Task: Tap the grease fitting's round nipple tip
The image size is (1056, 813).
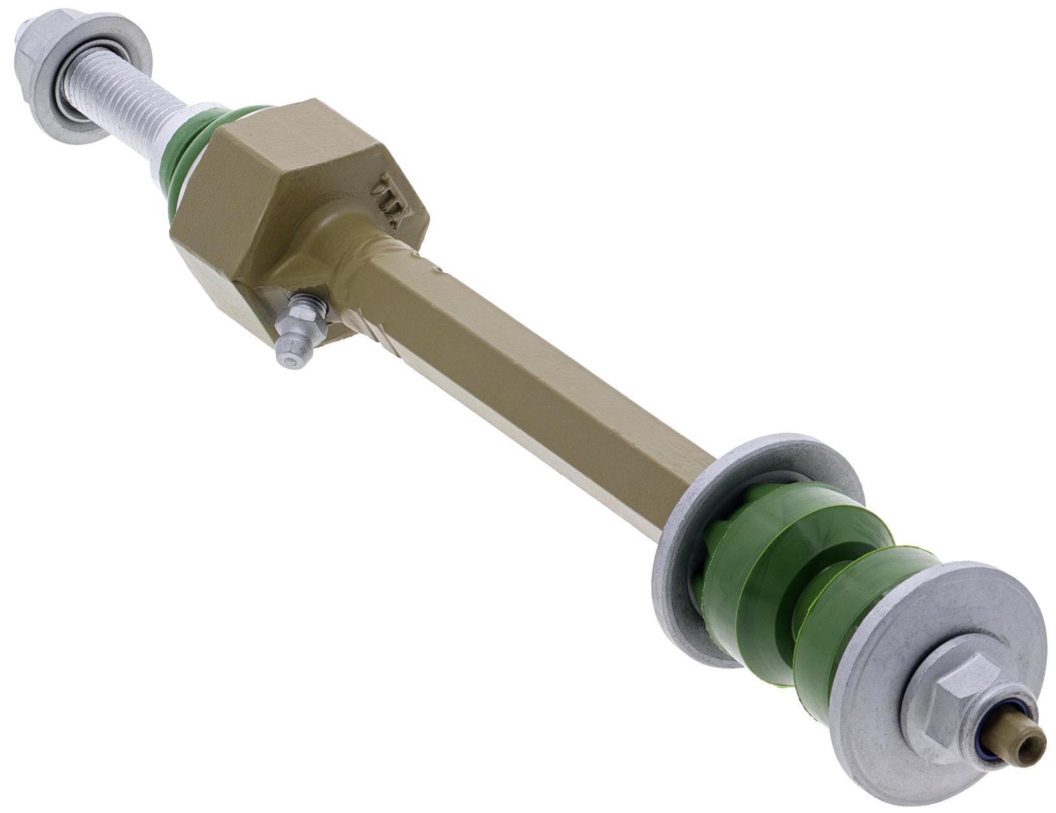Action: point(289,357)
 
